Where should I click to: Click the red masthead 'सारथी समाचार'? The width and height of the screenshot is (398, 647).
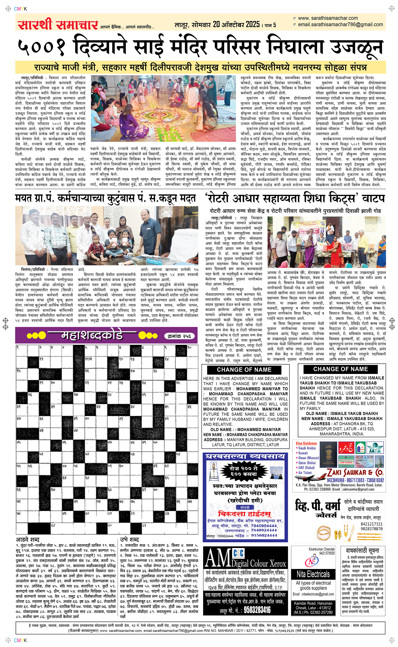point(58,25)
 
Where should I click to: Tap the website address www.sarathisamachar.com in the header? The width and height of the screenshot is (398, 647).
point(328,18)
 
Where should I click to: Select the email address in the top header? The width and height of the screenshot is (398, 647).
point(340,24)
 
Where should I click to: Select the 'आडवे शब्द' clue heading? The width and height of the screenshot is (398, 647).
point(28,532)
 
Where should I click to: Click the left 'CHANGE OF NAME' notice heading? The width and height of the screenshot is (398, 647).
point(244,370)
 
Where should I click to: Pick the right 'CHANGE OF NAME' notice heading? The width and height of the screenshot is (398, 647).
point(340,369)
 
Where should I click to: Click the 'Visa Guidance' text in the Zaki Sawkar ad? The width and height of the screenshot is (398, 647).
point(306,443)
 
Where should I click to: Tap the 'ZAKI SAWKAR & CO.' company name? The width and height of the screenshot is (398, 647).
point(355,472)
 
